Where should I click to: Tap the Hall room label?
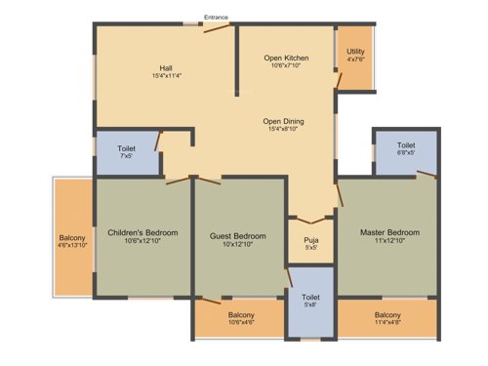pyautogui.click(x=167, y=66)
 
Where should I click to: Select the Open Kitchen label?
pyautogui.click(x=286, y=59)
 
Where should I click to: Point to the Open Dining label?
pyautogui.click(x=286, y=121)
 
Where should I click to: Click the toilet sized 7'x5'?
pyautogui.click(x=126, y=151)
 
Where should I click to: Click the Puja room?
pyautogui.click(x=310, y=241)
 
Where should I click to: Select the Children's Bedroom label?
pyautogui.click(x=142, y=232)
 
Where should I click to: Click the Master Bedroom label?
pyautogui.click(x=389, y=232)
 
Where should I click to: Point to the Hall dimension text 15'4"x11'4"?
pyautogui.click(x=167, y=75)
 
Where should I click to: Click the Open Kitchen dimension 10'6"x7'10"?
pyautogui.click(x=286, y=67)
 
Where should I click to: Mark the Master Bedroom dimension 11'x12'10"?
pyautogui.click(x=389, y=241)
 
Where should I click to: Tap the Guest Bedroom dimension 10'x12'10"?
pyautogui.click(x=239, y=245)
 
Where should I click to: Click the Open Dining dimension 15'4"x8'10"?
pyautogui.click(x=286, y=130)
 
